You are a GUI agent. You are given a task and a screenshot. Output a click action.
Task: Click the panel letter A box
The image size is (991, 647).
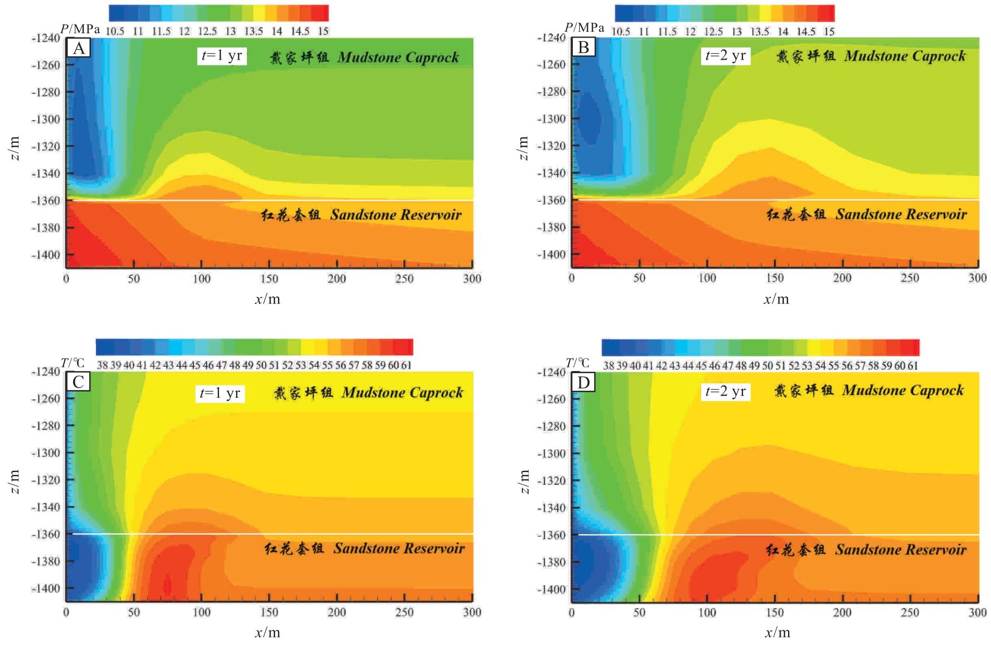pos(78,48)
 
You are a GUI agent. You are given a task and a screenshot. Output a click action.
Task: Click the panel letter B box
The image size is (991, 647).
pos(584,48)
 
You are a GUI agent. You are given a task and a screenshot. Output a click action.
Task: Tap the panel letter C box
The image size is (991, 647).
pos(78,382)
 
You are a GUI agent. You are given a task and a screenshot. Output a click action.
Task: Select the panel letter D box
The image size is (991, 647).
pos(584,382)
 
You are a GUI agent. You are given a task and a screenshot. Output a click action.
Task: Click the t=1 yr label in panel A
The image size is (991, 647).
pos(222,55)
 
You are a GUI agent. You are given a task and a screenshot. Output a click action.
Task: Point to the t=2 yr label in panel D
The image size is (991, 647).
pos(725,391)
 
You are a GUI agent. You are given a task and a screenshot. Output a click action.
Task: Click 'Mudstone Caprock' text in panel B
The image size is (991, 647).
pos(905,56)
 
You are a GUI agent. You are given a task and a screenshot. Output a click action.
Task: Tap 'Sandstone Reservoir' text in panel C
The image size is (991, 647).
pos(399,548)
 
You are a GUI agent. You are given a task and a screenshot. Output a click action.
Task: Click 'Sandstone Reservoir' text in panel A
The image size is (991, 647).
pos(396,215)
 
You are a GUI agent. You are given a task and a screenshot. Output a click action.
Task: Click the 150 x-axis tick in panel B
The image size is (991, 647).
pos(775,278)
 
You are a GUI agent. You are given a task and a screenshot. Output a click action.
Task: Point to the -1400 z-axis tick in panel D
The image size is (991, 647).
pos(551,589)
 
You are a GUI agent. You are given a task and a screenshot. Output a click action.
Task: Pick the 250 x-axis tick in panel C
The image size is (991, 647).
pos(404,612)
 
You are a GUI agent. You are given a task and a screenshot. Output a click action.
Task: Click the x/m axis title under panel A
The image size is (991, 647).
pos(267,299)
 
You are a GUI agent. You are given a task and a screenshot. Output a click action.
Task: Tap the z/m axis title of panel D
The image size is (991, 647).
pos(523,481)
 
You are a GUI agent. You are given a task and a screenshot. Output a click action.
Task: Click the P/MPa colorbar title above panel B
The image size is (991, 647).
pos(584,28)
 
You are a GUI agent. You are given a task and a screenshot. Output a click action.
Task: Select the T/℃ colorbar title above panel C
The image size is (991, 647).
pos(72,363)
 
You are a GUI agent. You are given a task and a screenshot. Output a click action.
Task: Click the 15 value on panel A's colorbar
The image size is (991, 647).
pos(323,31)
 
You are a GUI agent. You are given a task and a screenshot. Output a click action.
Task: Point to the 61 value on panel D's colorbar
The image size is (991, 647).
pos(913,366)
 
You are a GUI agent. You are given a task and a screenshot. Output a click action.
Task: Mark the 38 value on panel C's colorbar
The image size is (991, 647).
pos(102,365)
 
